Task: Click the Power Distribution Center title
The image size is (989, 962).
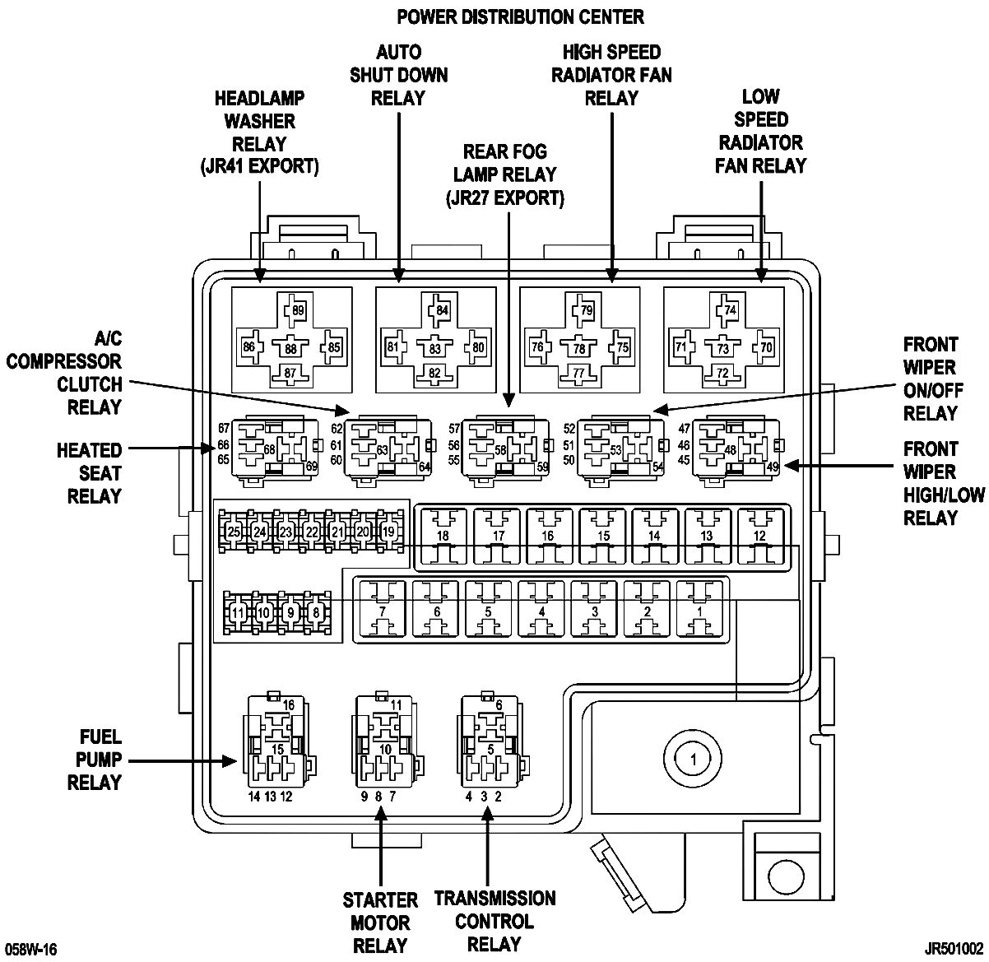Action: pyautogui.click(x=520, y=17)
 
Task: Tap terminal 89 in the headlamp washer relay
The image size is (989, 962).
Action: pyautogui.click(x=296, y=310)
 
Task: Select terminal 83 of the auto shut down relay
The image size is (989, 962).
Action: pyautogui.click(x=434, y=348)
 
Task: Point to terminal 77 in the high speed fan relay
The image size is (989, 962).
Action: pyautogui.click(x=579, y=373)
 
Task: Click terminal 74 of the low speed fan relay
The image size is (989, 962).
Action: pyautogui.click(x=729, y=310)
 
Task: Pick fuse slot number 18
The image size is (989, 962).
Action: pyautogui.click(x=442, y=537)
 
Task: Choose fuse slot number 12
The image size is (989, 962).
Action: pyautogui.click(x=759, y=537)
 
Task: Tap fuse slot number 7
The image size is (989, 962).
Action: pyautogui.click(x=382, y=611)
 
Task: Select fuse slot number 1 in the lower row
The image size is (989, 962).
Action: pyautogui.click(x=699, y=611)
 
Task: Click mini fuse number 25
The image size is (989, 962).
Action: pyautogui.click(x=234, y=532)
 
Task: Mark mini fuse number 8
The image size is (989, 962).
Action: pyautogui.click(x=316, y=612)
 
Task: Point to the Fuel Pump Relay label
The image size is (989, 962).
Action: pyautogui.click(x=95, y=760)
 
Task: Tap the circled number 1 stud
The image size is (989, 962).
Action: pyautogui.click(x=694, y=760)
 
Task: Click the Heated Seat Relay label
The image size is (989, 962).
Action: pyautogui.click(x=90, y=473)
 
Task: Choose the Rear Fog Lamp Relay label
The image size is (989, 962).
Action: pyautogui.click(x=504, y=174)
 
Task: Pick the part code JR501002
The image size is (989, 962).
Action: pyautogui.click(x=954, y=950)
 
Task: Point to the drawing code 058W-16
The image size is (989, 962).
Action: pyautogui.click(x=31, y=950)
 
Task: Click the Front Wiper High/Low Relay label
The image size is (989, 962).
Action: pyautogui.click(x=944, y=483)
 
